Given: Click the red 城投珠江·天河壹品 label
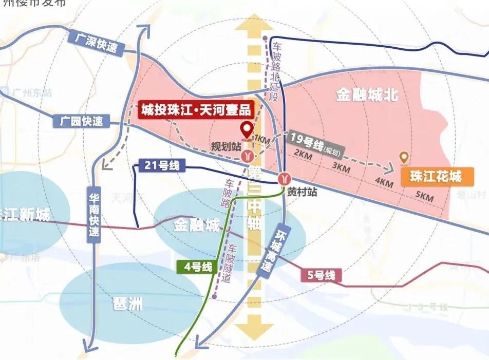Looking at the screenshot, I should click(196, 110).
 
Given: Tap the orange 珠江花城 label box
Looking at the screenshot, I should click(436, 177).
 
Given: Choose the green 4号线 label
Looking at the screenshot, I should click(195, 267).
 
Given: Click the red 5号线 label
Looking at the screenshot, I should click(322, 275).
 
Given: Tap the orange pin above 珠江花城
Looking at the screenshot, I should click(404, 158).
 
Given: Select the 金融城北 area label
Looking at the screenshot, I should click(367, 96).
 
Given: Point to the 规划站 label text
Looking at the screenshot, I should click(226, 146).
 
